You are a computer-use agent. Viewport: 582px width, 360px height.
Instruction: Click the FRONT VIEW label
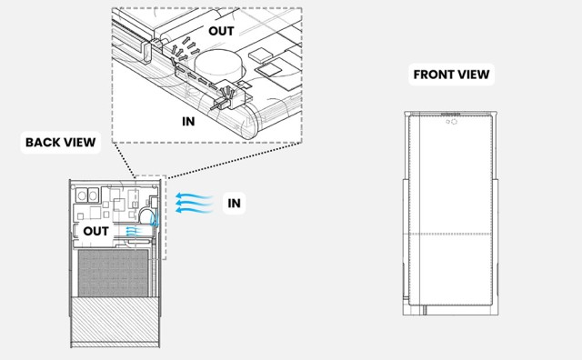(451, 75)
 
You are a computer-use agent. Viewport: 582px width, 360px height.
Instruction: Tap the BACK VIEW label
(61, 142)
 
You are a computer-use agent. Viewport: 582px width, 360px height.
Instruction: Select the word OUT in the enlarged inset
(221, 31)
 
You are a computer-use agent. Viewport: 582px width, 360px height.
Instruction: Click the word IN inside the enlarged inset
(188, 121)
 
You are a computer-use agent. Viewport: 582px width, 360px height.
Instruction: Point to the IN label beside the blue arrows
(235, 203)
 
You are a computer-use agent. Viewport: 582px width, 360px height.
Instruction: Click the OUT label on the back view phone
(95, 231)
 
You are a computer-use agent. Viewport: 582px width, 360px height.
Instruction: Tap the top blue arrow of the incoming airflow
(194, 195)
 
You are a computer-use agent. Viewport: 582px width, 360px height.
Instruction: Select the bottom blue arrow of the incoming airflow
(194, 210)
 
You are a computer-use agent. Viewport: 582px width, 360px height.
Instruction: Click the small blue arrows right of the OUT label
(134, 231)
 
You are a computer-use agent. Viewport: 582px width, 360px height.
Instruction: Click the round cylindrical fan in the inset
(218, 65)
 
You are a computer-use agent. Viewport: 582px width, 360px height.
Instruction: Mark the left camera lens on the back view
(81, 195)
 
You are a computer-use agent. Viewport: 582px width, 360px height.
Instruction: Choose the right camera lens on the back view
(93, 195)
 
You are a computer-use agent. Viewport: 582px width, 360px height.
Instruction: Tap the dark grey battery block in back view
(113, 273)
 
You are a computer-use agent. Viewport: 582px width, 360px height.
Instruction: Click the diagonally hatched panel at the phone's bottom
(115, 320)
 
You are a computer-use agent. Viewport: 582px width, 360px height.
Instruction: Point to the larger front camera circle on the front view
(454, 122)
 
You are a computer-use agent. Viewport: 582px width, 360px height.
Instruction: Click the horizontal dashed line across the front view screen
(451, 235)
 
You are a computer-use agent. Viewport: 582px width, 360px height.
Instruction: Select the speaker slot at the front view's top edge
(450, 114)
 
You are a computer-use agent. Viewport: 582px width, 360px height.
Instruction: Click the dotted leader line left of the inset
(125, 160)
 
